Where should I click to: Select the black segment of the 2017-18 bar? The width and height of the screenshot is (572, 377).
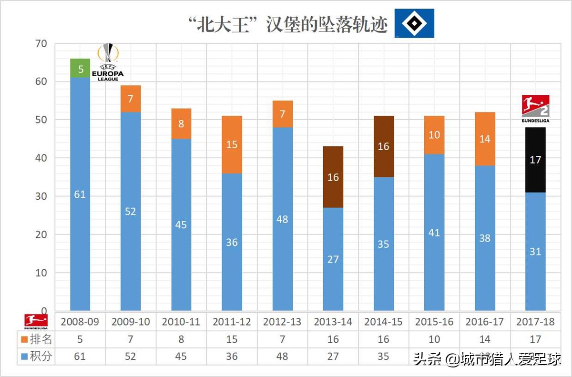[x=535, y=160]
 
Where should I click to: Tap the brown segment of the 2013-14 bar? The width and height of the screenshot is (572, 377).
[x=333, y=177]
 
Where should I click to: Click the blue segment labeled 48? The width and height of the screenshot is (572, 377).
[x=282, y=219]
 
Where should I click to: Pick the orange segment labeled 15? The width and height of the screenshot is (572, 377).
[x=232, y=144]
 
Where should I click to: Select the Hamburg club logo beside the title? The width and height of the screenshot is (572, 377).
[x=414, y=23]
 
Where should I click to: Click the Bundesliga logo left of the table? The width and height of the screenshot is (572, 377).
[x=36, y=321]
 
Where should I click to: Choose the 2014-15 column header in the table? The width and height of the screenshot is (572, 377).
[x=383, y=322]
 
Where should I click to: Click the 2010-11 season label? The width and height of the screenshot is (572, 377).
[x=181, y=322]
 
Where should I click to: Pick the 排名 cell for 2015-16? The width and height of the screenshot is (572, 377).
[x=434, y=339]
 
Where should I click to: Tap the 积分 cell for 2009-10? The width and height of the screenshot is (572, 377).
[x=131, y=357]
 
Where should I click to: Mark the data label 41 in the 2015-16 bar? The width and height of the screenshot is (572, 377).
[x=434, y=233]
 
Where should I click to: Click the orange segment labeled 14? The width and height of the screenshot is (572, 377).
[x=485, y=139]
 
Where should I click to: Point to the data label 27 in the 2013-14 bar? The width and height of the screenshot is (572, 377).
[x=333, y=259]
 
